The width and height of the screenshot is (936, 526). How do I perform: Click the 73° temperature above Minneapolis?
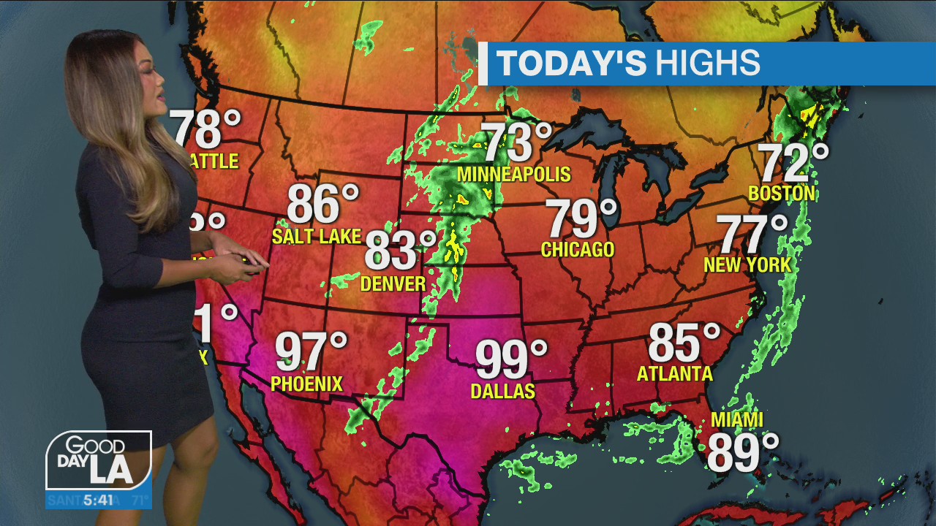[516, 142]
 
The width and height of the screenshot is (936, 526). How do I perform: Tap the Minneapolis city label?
[513, 175]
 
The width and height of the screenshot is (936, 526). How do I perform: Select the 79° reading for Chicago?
[581, 218]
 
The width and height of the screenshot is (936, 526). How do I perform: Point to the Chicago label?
[578, 250]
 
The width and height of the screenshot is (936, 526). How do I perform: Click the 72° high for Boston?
[793, 162]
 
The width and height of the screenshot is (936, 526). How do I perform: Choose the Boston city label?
[782, 194]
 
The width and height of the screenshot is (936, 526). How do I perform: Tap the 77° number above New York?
[752, 234]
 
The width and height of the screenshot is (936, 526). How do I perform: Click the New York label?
[747, 264]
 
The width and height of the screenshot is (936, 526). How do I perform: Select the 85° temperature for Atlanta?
[684, 342]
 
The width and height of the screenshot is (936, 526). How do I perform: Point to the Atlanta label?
[674, 374]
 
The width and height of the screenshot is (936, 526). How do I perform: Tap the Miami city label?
[737, 420]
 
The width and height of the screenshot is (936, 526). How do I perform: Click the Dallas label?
[502, 392]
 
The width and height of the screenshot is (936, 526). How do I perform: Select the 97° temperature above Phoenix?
[311, 351]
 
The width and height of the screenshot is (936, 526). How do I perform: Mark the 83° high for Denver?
[400, 250]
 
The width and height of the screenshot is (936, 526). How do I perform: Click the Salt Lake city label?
[317, 236]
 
